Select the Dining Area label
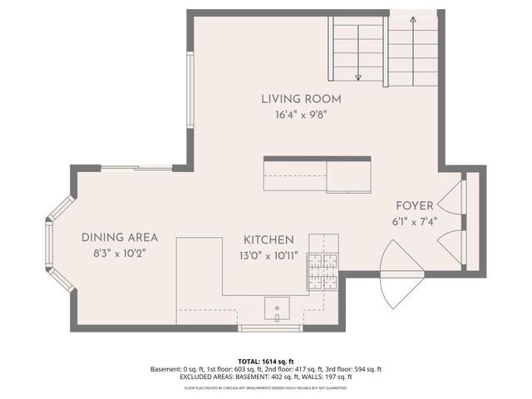click(120, 238)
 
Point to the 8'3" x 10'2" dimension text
click(120, 254)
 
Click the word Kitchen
click(268, 239)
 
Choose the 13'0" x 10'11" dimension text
click(268, 254)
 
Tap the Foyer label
click(414, 205)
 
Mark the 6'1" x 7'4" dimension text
click(414, 222)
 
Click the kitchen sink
click(277, 309)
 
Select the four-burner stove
click(323, 270)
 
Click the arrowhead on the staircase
click(357, 77)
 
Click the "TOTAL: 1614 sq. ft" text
click(265, 362)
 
